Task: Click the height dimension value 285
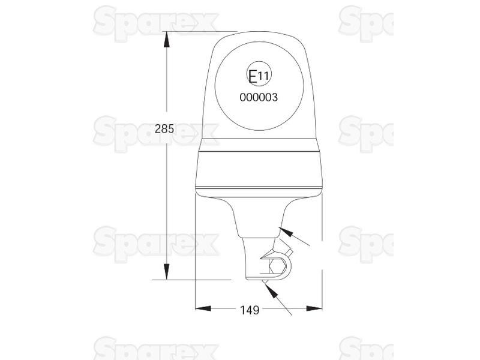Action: (x=164, y=128)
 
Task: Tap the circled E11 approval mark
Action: (x=259, y=76)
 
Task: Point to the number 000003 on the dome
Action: (x=259, y=97)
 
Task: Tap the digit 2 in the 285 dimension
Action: (x=158, y=128)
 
